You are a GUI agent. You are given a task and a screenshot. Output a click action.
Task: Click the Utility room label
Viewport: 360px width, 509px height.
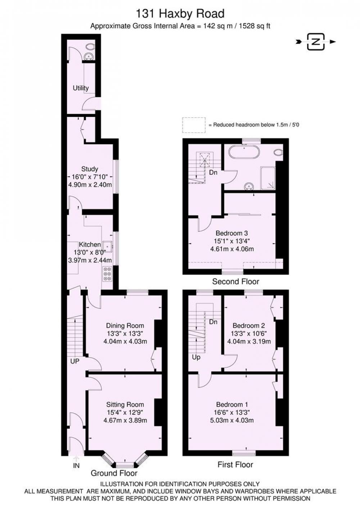[x=81, y=88]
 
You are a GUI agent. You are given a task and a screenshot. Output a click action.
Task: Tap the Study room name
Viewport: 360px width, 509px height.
[x=90, y=169]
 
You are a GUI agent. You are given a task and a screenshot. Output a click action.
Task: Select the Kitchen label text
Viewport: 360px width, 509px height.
[x=90, y=245]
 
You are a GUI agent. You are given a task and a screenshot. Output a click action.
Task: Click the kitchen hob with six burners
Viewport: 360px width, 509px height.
[x=107, y=274]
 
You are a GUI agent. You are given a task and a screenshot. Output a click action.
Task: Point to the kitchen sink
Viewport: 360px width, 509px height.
[x=107, y=246]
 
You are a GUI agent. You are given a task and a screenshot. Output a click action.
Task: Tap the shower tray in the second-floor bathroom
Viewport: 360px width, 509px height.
[x=268, y=178]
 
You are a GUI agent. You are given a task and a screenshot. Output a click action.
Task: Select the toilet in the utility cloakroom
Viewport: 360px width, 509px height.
[x=90, y=46]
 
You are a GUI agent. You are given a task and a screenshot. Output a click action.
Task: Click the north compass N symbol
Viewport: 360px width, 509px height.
[x=316, y=42]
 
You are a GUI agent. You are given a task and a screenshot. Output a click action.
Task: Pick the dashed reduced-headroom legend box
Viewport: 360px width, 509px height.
[x=194, y=125]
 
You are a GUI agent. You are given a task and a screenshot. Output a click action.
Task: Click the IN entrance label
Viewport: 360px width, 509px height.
[x=76, y=465]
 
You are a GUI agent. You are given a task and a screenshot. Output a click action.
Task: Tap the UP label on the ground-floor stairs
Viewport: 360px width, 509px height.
[x=75, y=361]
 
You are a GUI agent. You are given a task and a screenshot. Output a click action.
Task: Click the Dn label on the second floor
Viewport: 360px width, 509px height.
[x=213, y=172]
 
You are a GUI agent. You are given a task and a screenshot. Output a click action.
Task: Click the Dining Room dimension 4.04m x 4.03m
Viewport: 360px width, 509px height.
[x=125, y=341]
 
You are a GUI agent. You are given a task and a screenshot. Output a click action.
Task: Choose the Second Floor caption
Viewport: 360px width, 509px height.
[x=235, y=282]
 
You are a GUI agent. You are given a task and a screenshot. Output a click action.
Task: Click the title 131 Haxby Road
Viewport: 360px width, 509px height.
[x=180, y=14]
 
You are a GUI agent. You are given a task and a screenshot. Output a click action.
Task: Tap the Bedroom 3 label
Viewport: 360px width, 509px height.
[x=232, y=233]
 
